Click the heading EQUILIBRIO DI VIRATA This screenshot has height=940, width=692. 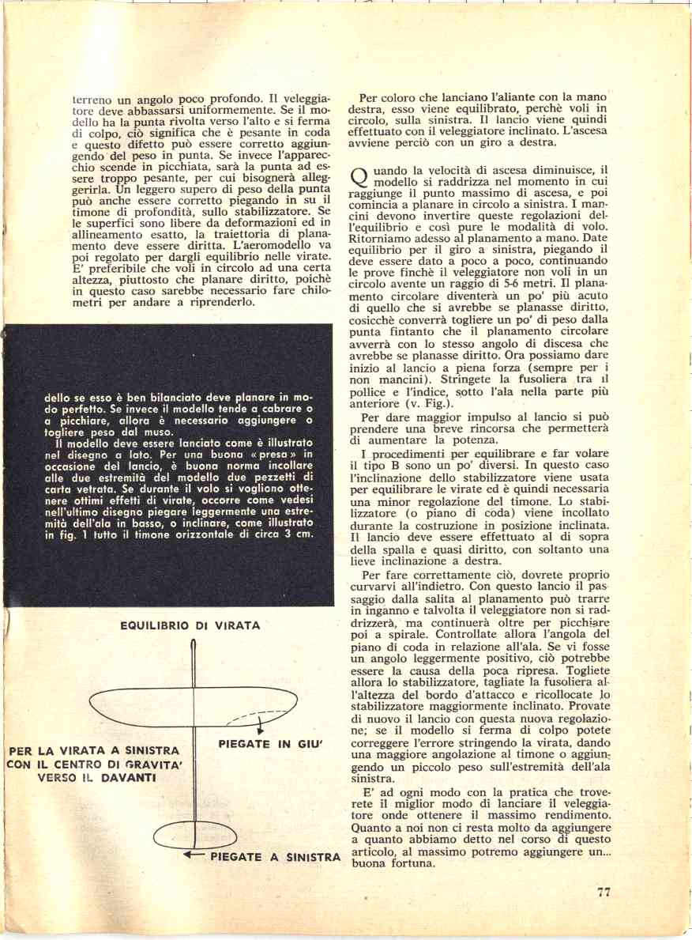pyautogui.click(x=190, y=625)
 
